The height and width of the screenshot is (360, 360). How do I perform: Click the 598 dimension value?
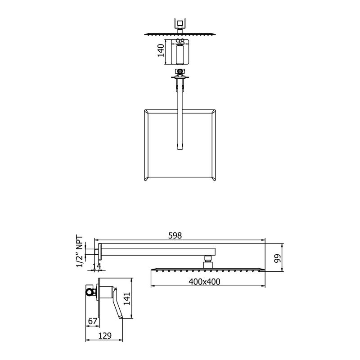click(175, 235)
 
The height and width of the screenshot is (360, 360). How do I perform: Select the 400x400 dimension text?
click(204, 282)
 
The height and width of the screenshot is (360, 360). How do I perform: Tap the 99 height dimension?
click(278, 258)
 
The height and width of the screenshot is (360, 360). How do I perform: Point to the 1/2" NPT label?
click(80, 251)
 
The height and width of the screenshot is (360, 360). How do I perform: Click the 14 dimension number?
click(97, 266)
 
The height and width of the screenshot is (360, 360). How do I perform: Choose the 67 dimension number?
click(93, 321)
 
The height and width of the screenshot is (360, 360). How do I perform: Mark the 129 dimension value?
click(105, 336)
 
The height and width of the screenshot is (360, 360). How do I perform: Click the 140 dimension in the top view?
click(161, 50)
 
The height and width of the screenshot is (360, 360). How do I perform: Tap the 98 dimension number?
click(180, 41)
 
